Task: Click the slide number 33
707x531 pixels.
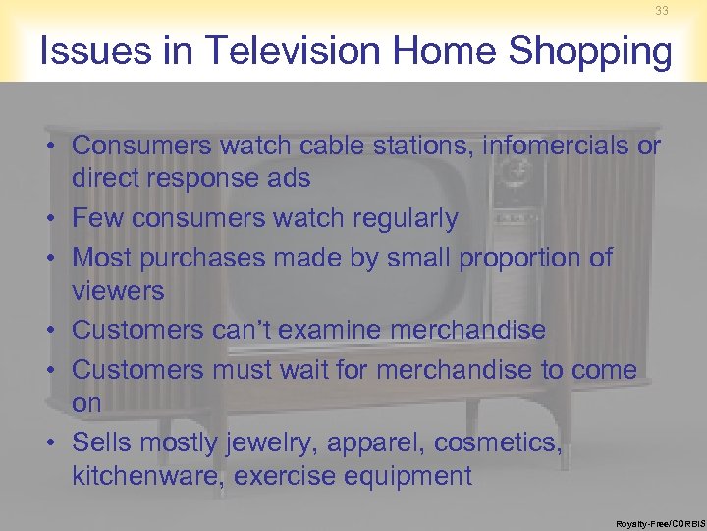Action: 660,11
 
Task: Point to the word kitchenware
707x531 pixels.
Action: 148,477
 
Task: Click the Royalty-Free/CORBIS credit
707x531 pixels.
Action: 660,524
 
